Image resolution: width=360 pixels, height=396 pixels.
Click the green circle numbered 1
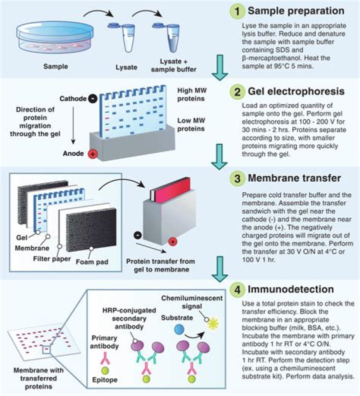point(236,12)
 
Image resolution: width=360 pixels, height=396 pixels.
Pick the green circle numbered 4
point(236,289)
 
